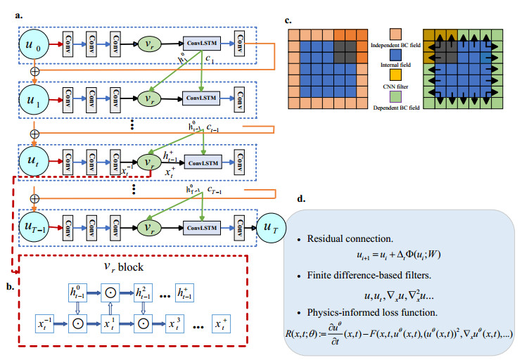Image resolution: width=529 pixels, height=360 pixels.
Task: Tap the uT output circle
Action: point(275,227)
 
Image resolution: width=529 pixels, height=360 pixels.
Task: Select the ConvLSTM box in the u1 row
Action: point(203,95)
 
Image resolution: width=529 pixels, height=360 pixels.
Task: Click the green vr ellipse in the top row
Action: point(149,46)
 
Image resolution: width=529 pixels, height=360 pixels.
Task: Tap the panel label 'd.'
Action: point(300,198)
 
